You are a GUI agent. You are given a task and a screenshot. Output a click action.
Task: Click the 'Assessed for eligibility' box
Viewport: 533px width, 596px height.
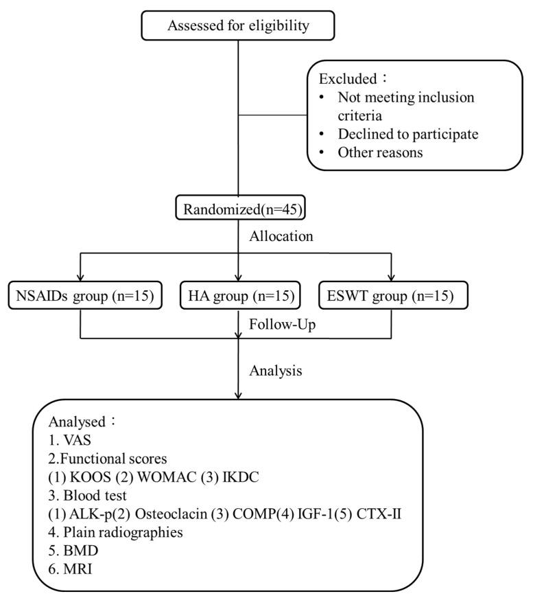(237, 27)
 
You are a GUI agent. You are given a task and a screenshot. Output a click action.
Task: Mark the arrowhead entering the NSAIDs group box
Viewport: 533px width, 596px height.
(81, 279)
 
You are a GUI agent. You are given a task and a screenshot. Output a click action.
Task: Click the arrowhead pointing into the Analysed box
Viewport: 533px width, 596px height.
(237, 396)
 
